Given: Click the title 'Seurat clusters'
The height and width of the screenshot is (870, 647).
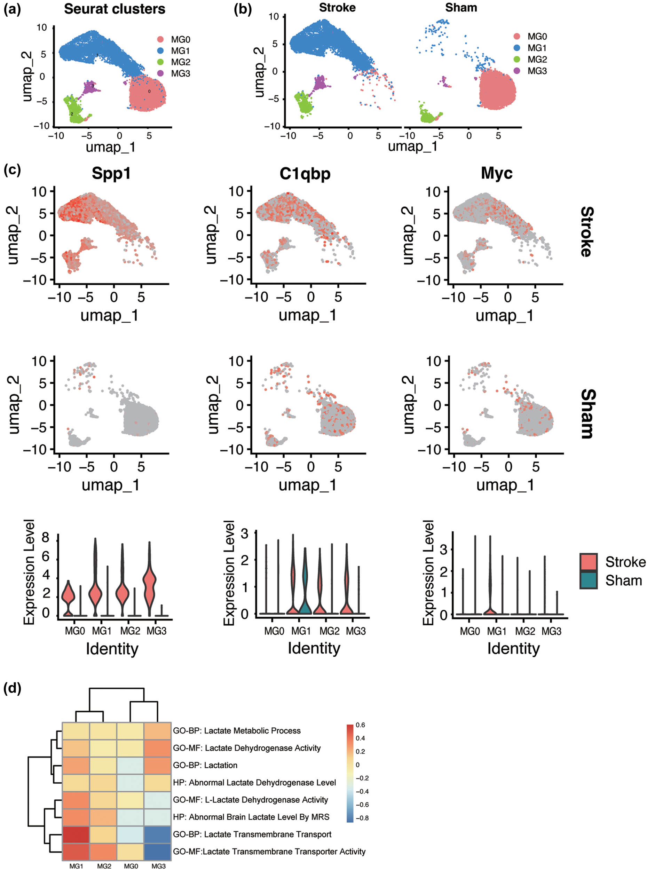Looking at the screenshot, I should click(x=115, y=9).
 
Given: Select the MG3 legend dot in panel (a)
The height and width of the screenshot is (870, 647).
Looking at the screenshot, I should click(x=160, y=73).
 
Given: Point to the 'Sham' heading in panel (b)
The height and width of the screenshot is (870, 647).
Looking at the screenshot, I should click(x=461, y=7).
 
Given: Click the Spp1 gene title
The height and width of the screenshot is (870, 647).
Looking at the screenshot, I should click(x=111, y=173).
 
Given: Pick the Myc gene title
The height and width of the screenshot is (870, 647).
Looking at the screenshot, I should click(x=497, y=173).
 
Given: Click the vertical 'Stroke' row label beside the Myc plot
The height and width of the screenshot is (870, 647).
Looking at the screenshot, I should click(x=586, y=232).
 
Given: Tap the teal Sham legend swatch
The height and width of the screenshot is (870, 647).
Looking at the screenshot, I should click(x=589, y=580).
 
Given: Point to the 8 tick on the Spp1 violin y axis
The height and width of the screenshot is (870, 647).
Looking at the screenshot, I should click(x=46, y=538).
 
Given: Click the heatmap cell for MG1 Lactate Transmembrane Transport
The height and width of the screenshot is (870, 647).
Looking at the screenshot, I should click(x=76, y=835).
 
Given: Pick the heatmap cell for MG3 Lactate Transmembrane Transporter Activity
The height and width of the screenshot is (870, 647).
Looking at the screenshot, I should click(x=158, y=852).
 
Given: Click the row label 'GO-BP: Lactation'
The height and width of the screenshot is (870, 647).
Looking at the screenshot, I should click(x=205, y=765).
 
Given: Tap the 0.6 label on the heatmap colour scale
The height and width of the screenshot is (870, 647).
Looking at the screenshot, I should click(x=360, y=725).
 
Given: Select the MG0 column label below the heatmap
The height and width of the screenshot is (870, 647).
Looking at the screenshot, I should click(x=131, y=866).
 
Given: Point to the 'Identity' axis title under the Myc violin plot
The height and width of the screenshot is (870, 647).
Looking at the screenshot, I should click(x=513, y=649).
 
